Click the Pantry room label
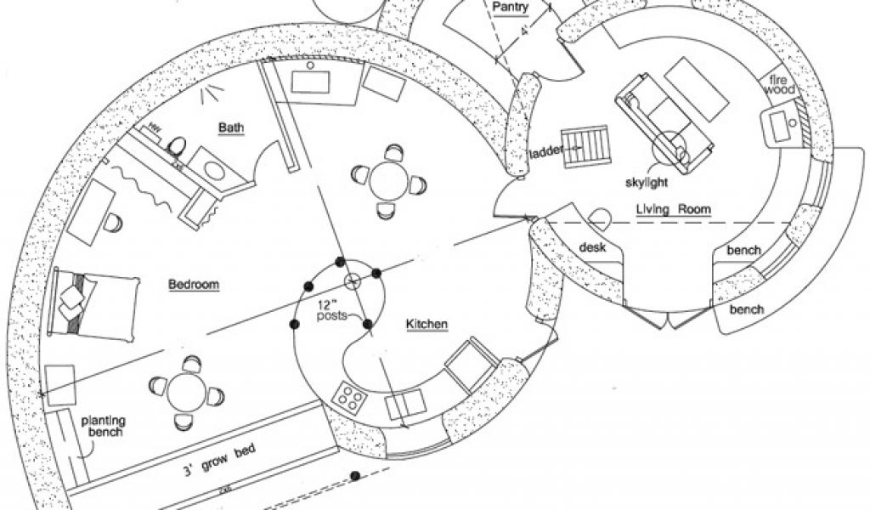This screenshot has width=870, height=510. tap(511, 8)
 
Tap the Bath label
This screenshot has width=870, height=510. tap(230, 128)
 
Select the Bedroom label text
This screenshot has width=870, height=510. tap(194, 285)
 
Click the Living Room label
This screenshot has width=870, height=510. tap(673, 208)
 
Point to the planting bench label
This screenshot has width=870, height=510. tap(103, 426)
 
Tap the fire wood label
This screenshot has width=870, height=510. tap(782, 86)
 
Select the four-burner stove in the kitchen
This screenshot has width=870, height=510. tap(349, 395)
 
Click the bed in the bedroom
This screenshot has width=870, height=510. tap(93, 302)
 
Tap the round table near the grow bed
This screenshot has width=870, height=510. tap(185, 392)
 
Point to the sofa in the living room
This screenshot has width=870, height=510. tap(651, 120)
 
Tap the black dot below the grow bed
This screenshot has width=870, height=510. tap(355, 476)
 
